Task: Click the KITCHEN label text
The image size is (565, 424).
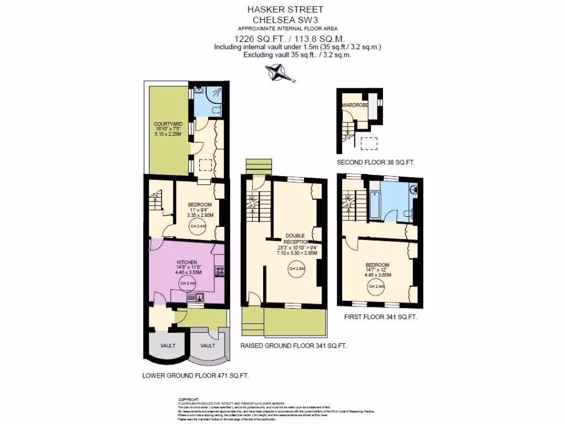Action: (186, 262)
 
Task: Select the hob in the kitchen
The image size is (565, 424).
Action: (220, 271)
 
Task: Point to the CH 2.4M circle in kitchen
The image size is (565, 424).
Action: (187, 283)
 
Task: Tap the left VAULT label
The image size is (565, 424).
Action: (168, 346)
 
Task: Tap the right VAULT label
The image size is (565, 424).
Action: (207, 346)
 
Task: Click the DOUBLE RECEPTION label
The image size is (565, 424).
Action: (294, 239)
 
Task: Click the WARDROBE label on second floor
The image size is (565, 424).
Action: (354, 105)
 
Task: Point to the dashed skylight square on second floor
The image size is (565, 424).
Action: (369, 144)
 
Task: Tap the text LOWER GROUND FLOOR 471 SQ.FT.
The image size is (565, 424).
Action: (195, 376)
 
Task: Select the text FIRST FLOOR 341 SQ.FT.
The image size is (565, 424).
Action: (380, 317)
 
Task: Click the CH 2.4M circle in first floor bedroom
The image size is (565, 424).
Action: (376, 287)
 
